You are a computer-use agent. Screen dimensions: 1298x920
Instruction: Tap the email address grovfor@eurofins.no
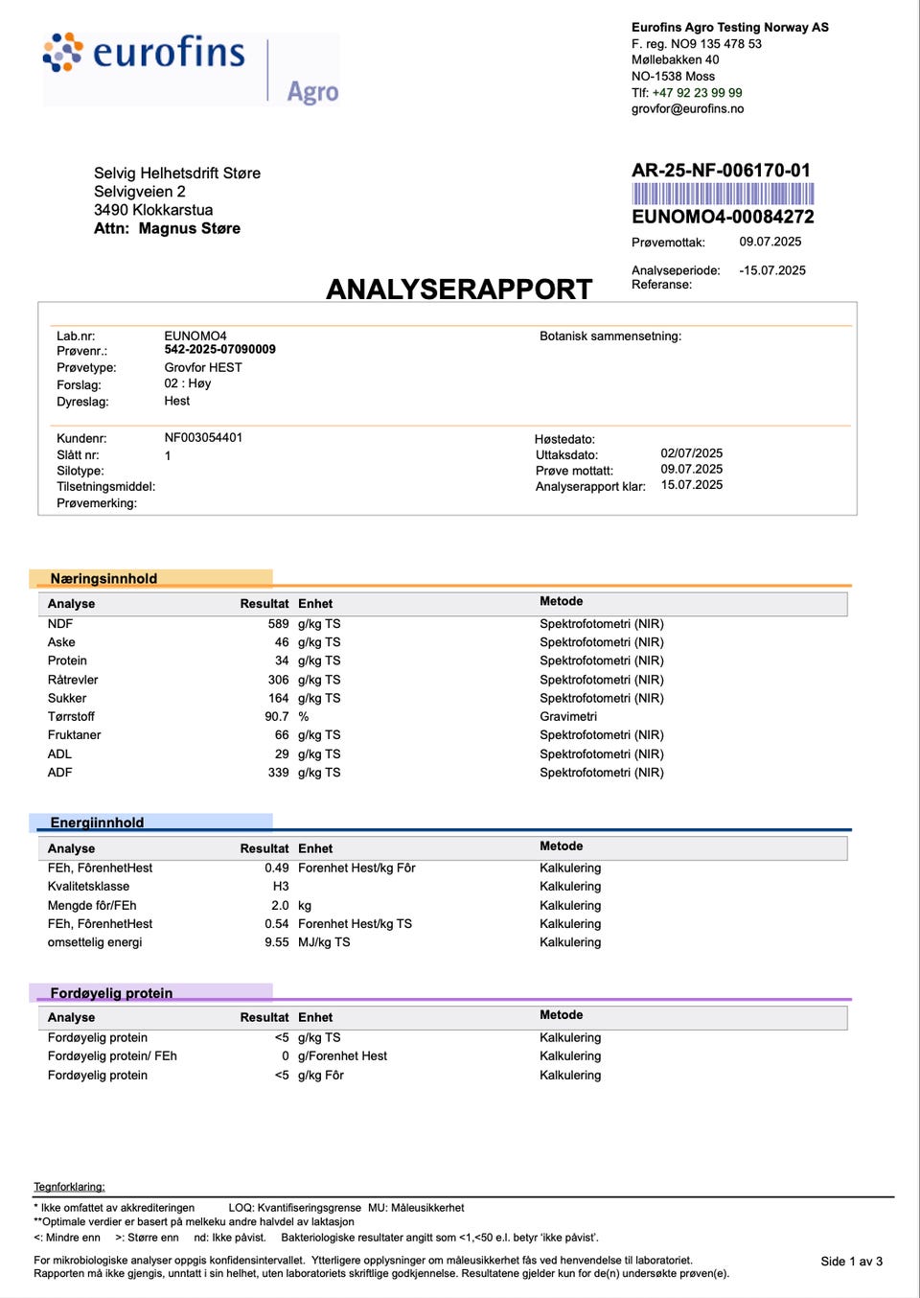(x=687, y=109)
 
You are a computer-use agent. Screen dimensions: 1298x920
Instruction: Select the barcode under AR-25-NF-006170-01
(x=723, y=194)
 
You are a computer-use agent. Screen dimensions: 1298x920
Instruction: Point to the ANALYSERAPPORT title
(x=459, y=289)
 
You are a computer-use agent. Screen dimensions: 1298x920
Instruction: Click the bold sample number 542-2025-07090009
(x=219, y=350)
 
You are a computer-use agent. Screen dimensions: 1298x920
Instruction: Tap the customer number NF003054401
(x=203, y=438)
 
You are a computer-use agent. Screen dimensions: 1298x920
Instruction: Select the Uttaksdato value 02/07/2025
(x=691, y=453)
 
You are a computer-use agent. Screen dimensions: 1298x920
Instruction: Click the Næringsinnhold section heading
(x=103, y=579)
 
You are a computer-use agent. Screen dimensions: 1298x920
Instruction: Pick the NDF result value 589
(x=278, y=624)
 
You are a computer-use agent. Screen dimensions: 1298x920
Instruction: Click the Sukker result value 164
(x=278, y=699)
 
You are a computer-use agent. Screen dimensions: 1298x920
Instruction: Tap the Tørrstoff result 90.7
(x=276, y=717)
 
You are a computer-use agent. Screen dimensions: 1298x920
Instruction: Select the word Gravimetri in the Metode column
(x=567, y=717)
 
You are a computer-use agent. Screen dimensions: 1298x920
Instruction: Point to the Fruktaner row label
(x=74, y=735)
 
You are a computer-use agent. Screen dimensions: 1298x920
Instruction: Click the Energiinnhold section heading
(x=97, y=823)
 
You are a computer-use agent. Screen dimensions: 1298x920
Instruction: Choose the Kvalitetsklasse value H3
(x=281, y=887)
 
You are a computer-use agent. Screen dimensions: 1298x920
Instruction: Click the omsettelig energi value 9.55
(x=276, y=942)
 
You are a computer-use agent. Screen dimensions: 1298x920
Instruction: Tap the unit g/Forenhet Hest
(x=342, y=1056)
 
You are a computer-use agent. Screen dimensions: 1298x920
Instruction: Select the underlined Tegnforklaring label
(x=69, y=1187)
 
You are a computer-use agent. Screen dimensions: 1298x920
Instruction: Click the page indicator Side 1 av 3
(x=851, y=1262)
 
